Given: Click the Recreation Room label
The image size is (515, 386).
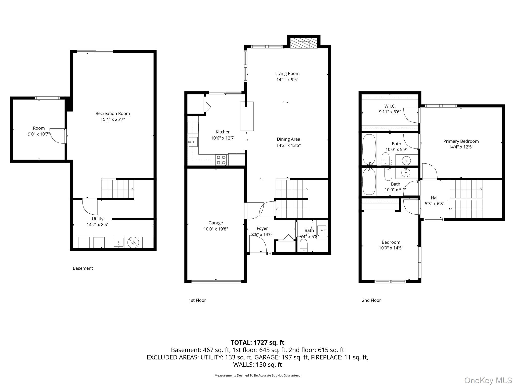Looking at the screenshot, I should (x=113, y=113).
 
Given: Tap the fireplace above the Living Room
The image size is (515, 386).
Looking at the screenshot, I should (x=304, y=43).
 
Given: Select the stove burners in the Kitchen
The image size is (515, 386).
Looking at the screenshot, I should (x=221, y=160).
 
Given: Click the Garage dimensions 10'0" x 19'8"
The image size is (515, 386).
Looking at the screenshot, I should (x=216, y=229).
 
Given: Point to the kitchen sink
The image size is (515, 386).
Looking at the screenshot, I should (x=193, y=142).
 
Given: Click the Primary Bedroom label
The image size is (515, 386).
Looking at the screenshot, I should (x=461, y=141).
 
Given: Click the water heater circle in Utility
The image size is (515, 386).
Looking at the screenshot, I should (x=133, y=243).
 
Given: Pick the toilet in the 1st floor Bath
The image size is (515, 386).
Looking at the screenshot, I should (x=304, y=245).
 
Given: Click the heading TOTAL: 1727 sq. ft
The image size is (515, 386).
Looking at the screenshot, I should (x=257, y=343).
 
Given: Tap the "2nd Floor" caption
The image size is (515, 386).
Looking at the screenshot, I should (x=371, y=300).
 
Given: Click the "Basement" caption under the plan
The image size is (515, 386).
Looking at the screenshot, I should (x=83, y=268).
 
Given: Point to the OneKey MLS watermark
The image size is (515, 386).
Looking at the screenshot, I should (x=488, y=380).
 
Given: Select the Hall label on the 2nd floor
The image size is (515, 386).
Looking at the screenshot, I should (x=434, y=198).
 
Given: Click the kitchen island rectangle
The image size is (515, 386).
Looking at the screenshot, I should (x=247, y=116).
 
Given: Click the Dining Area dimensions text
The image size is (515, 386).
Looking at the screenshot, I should (x=288, y=145).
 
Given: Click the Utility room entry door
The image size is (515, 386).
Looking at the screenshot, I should (x=90, y=207).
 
